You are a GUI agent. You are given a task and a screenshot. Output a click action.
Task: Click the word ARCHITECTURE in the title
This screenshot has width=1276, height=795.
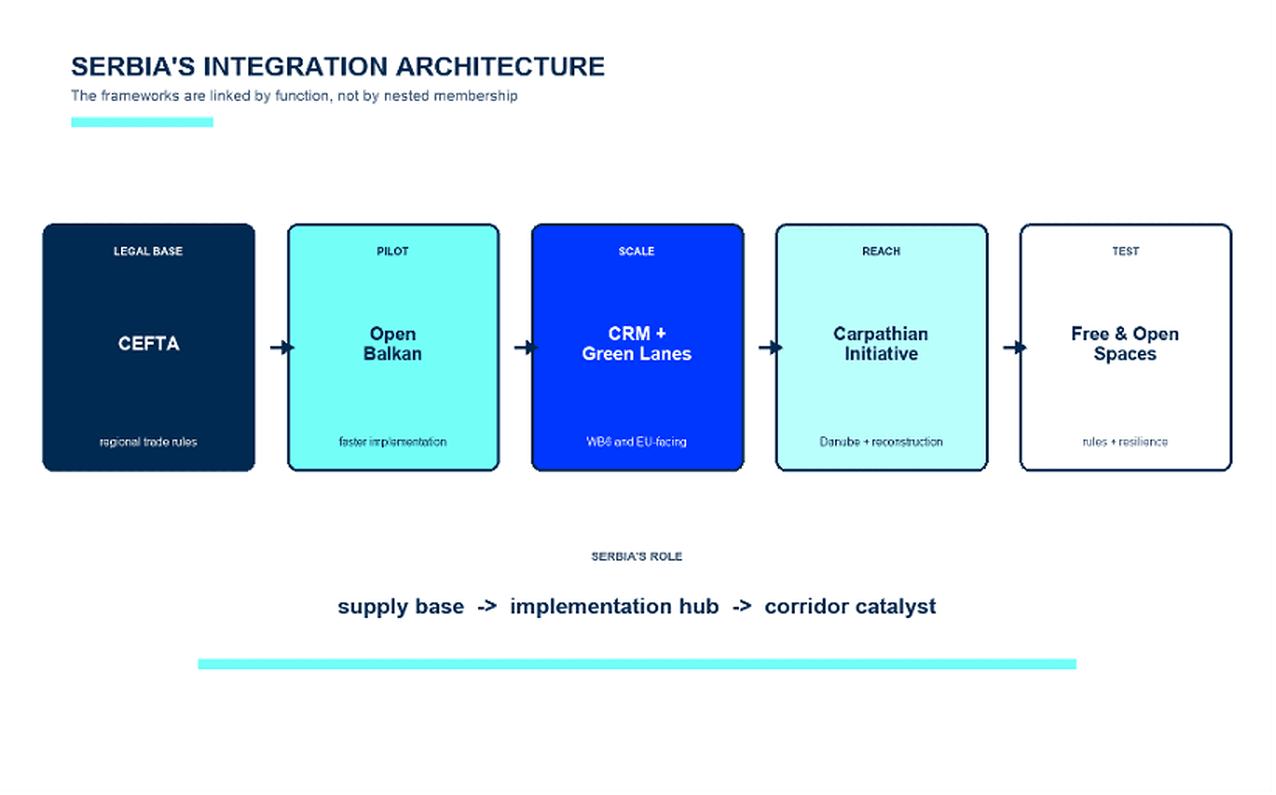(500, 67)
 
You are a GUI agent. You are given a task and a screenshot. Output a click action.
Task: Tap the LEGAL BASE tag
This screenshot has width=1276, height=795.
(148, 251)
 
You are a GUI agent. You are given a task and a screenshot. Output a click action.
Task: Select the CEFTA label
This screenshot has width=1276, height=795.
(149, 344)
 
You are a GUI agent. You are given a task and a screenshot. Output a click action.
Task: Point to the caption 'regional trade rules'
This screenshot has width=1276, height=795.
(148, 442)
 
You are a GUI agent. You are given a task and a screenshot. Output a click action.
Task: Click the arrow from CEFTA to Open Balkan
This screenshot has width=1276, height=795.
(282, 347)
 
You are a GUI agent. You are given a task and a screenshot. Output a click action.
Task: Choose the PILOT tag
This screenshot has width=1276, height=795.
(392, 251)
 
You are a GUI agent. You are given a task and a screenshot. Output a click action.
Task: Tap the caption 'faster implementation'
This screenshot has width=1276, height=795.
(392, 442)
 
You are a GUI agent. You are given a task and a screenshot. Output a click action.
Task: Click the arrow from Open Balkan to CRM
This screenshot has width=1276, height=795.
(526, 347)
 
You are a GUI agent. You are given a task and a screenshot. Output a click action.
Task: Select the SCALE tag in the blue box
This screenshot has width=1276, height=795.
(637, 251)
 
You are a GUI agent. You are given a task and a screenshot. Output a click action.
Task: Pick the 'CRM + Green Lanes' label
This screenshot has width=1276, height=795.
(637, 344)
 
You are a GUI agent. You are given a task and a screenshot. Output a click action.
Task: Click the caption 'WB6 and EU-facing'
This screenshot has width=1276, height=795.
(637, 442)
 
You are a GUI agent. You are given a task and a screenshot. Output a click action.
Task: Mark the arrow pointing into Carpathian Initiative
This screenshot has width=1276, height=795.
(771, 347)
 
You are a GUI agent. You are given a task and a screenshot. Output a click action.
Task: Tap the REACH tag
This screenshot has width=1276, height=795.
(881, 251)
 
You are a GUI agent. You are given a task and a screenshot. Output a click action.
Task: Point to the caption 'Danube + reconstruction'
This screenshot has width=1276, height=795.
(881, 442)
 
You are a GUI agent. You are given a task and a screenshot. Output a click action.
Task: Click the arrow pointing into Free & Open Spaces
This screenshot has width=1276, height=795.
(1015, 347)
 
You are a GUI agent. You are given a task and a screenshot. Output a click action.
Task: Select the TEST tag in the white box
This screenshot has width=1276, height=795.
(1126, 251)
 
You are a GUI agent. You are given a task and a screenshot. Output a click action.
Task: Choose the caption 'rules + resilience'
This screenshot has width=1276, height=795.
(1126, 442)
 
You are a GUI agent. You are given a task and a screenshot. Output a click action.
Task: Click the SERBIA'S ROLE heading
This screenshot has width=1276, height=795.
(637, 557)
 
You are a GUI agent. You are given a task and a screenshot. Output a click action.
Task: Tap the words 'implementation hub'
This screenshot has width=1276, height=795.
(614, 607)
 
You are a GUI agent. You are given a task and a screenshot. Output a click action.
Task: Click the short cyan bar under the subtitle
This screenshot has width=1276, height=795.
(142, 123)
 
